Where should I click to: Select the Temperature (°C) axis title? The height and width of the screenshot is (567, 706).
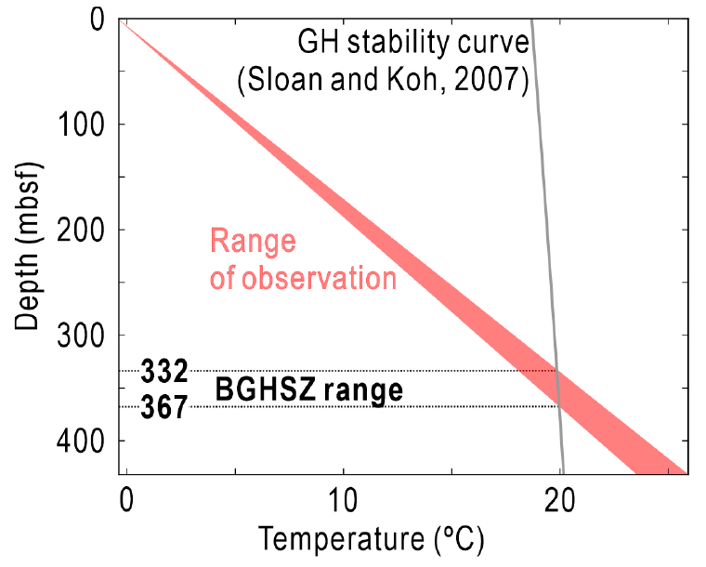pos(372,538)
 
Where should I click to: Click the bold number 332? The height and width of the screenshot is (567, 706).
pos(164,373)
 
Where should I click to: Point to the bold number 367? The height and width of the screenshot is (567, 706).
pos(164,406)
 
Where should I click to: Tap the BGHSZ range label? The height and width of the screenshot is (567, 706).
pos(309,390)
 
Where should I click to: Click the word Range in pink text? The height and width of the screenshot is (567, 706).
pos(253,243)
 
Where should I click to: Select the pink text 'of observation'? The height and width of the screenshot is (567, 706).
pos(303,278)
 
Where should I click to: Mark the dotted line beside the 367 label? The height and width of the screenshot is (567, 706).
pos(372,406)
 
